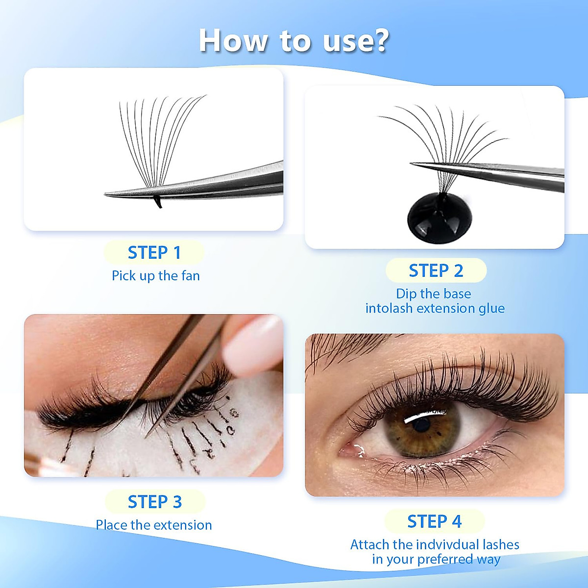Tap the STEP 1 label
tap(154, 253)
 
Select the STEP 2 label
tap(436, 270)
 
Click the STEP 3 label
tap(155, 502)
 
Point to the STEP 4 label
tap(435, 521)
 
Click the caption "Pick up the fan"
tap(156, 276)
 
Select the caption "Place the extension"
tap(154, 525)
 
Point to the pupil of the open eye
tap(420, 424)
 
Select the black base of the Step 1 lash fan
tap(157, 202)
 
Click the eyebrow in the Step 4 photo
tap(343, 343)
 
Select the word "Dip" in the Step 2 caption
tap(406, 294)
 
